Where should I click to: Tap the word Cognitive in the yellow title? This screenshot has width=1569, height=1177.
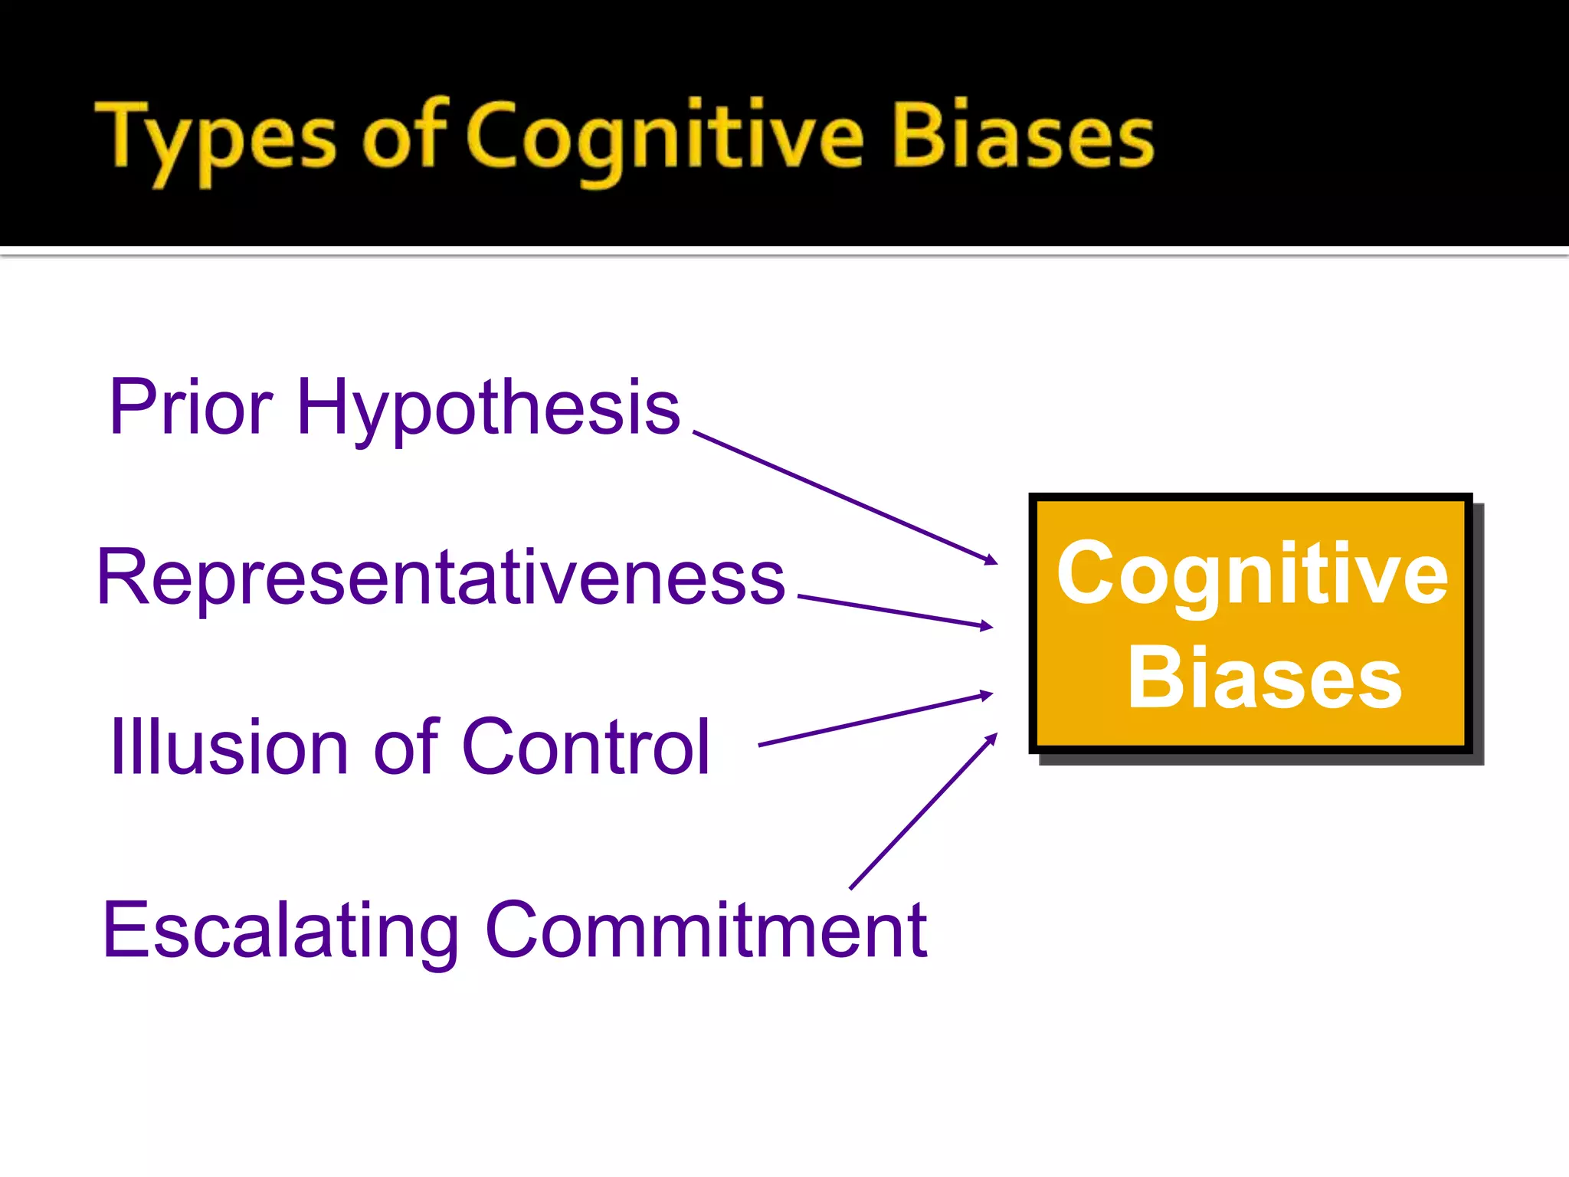click(665, 138)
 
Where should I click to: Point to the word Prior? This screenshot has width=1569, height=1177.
click(191, 407)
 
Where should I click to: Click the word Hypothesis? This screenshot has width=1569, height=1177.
click(488, 410)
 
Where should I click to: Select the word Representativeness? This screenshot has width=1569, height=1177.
click(441, 578)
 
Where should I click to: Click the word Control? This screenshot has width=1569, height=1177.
click(586, 747)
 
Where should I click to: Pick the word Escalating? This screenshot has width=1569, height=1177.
click(280, 932)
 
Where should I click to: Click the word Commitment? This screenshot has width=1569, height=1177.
click(706, 930)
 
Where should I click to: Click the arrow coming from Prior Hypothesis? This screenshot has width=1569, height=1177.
click(843, 497)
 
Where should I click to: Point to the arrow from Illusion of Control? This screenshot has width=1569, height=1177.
click(873, 720)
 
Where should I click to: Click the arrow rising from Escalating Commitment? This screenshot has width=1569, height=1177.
click(923, 811)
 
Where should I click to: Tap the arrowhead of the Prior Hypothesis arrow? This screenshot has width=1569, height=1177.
click(991, 561)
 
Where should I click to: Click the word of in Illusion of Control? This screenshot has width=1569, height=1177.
click(405, 747)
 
